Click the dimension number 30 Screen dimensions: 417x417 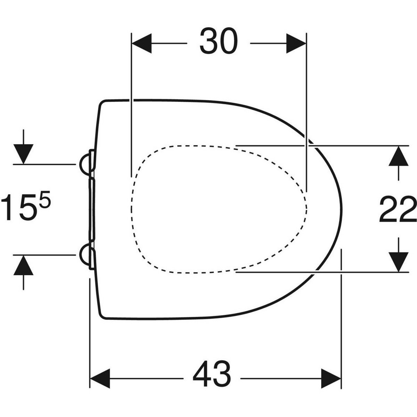click(x=219, y=41)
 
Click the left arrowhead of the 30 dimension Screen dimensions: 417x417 click(x=141, y=43)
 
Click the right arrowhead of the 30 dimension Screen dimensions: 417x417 click(x=296, y=43)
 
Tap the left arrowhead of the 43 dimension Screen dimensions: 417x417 click(x=100, y=379)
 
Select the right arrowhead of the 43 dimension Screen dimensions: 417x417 click(x=332, y=379)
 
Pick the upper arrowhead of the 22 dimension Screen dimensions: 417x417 click(x=398, y=156)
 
